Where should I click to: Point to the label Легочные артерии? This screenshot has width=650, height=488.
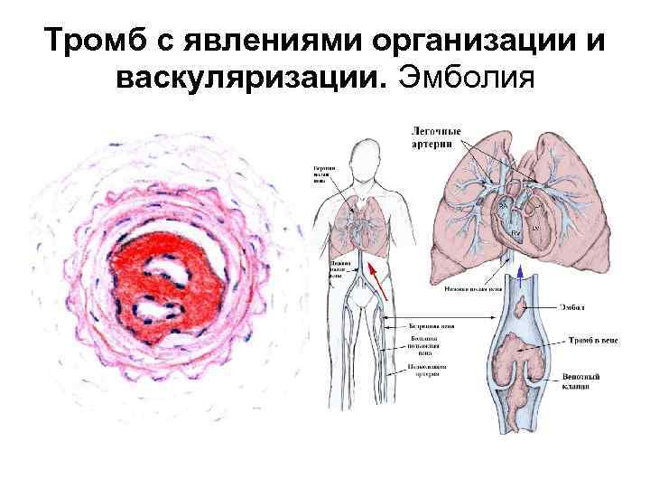coord(432,137)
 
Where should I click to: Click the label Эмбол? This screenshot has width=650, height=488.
coord(575,309)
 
